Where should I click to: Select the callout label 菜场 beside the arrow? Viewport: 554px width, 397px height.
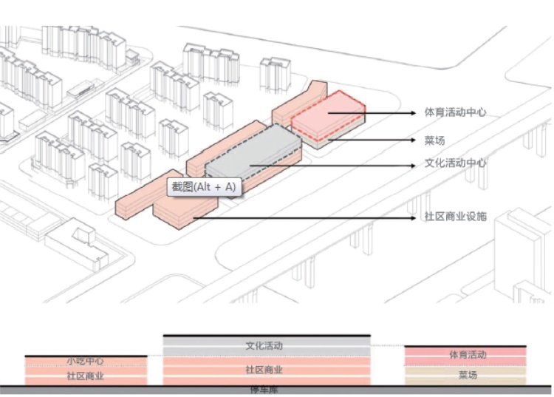coord(435,140)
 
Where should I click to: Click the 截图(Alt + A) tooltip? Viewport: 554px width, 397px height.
coord(204,187)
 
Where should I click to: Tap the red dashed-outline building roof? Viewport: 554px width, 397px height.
coord(327,112)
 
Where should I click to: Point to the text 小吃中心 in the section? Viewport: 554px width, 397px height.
coord(85,362)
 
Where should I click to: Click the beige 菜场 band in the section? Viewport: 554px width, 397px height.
coord(467,375)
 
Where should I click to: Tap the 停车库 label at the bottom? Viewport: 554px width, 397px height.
coord(264,390)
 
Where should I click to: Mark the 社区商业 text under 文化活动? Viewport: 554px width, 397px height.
coord(264,369)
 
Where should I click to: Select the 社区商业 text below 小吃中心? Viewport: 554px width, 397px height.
coord(85,376)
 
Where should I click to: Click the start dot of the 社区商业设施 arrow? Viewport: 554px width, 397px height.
coord(194,218)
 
